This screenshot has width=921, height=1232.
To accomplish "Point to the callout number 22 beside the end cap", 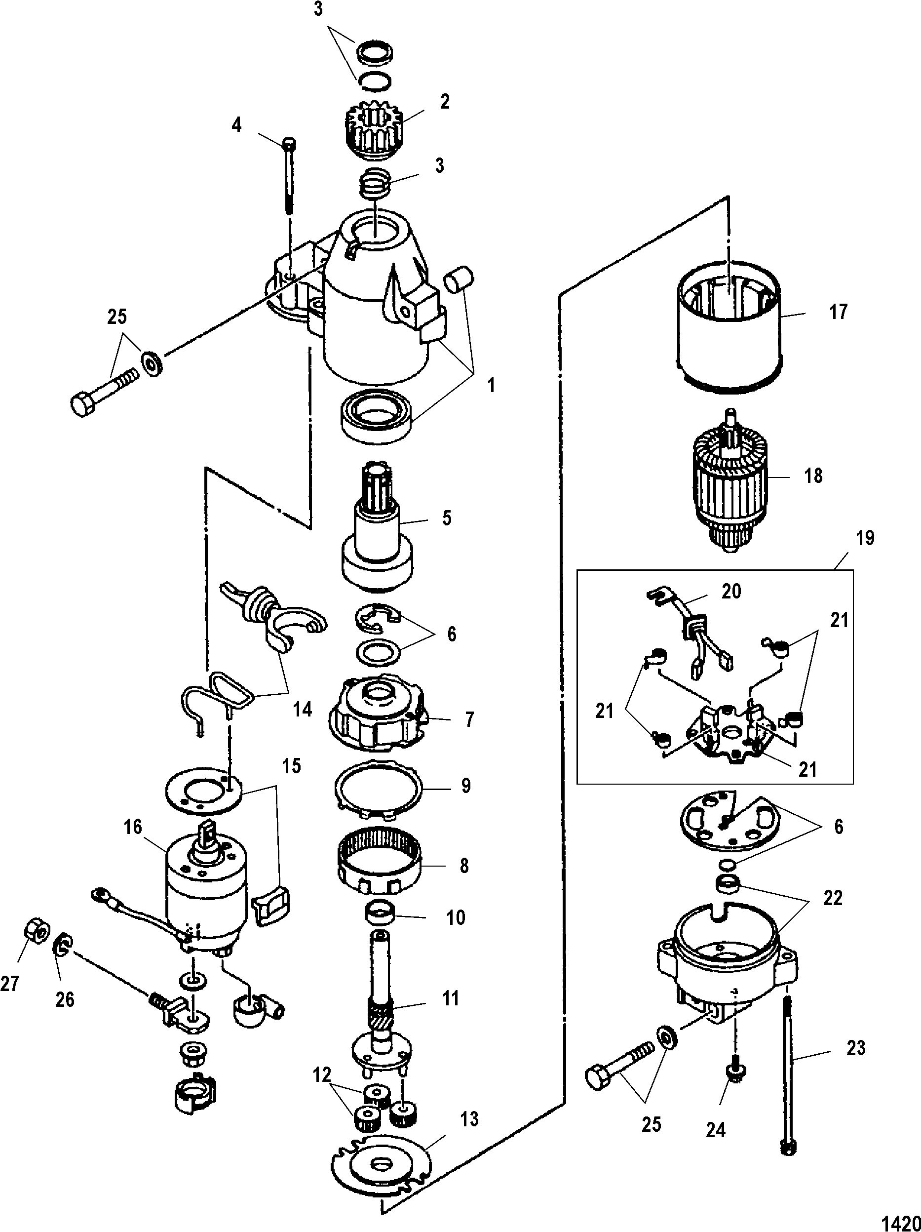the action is pyautogui.click(x=833, y=898).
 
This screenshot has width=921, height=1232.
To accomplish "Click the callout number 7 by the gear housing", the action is pyautogui.click(x=469, y=719).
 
